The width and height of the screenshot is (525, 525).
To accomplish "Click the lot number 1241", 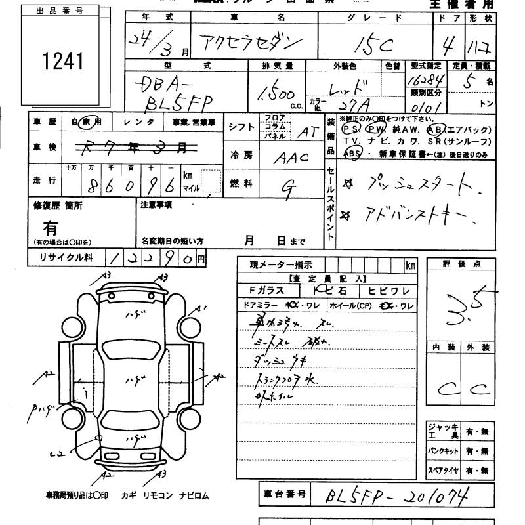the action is pyautogui.click(x=63, y=61).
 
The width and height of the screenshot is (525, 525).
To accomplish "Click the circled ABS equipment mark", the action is pyautogui.click(x=352, y=154).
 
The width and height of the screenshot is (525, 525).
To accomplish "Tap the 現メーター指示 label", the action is pyautogui.click(x=281, y=265).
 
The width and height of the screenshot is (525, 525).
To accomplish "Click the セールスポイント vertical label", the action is pyautogui.click(x=330, y=203).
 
